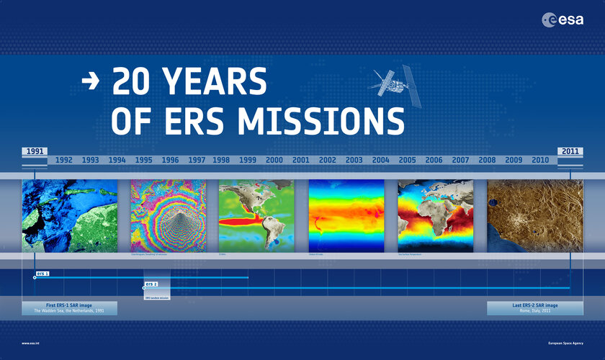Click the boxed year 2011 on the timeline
(570, 152)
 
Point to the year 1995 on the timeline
(143, 160)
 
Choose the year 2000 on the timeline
(274, 160)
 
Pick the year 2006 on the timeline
(434, 160)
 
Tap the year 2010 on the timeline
(540, 160)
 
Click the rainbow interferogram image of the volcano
(168, 215)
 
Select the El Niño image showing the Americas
(257, 215)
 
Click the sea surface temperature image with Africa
(435, 215)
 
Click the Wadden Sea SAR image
(70, 215)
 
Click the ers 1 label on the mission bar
(41, 274)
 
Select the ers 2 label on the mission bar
(151, 284)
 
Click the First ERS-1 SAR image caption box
(70, 308)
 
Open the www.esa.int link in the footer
(35, 343)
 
